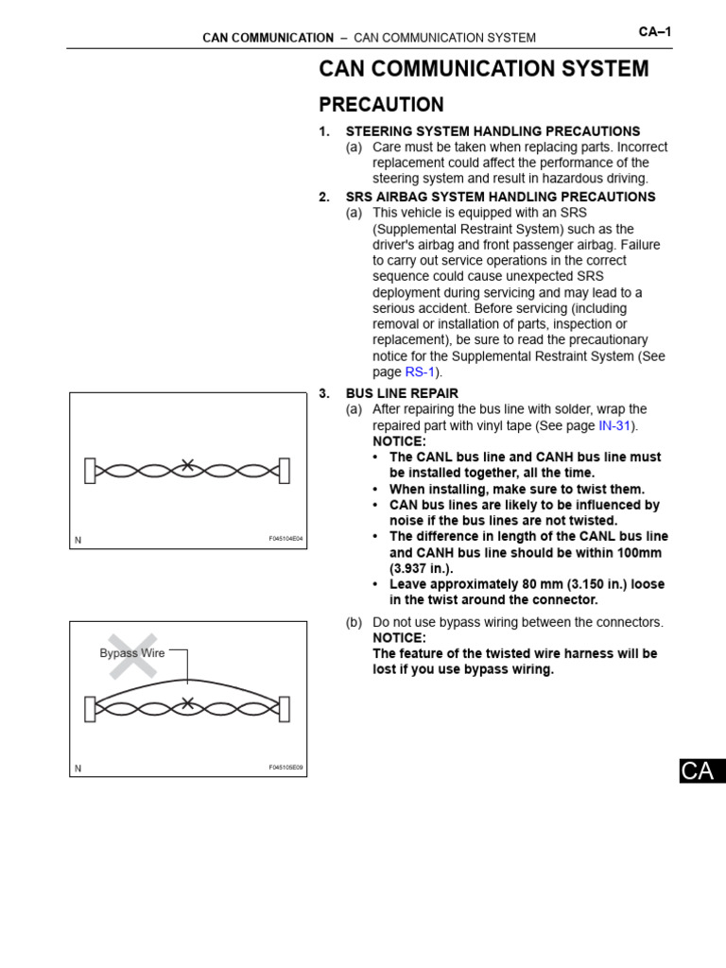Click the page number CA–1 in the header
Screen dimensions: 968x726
[x=654, y=31]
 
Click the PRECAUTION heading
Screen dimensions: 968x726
[x=381, y=105]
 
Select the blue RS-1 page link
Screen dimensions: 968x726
[x=419, y=372]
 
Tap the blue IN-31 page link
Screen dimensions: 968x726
[x=614, y=425]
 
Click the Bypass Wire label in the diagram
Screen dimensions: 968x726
[x=132, y=653]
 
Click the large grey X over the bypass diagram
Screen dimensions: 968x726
[x=132, y=655]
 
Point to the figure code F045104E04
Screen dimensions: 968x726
[x=285, y=539]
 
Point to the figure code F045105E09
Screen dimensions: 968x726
[x=285, y=768]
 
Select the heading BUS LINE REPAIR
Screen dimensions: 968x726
[x=402, y=393]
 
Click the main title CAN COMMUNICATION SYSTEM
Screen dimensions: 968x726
[x=484, y=69]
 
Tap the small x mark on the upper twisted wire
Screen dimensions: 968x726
[x=188, y=465]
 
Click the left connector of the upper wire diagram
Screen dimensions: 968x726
[x=90, y=470]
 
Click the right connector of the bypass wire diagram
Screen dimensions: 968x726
[x=285, y=707]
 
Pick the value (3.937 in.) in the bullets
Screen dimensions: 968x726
[x=422, y=568]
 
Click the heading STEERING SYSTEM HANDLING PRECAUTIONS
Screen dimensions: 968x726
[x=493, y=131]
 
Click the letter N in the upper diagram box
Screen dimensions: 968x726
[x=78, y=540]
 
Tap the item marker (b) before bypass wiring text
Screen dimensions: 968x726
[x=354, y=622]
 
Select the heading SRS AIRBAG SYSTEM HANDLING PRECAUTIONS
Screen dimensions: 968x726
[x=500, y=197]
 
